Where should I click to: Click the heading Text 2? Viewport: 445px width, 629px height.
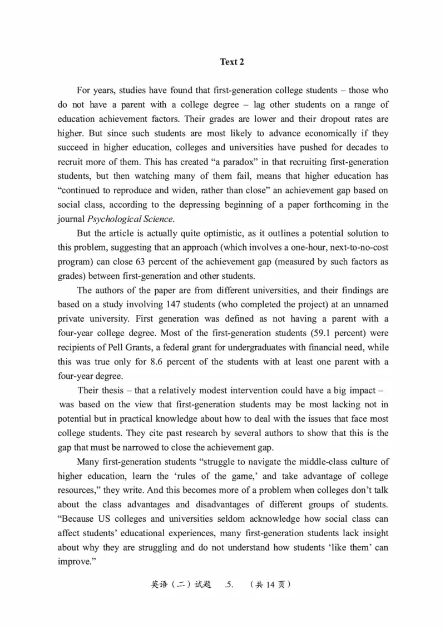pos(232,62)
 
